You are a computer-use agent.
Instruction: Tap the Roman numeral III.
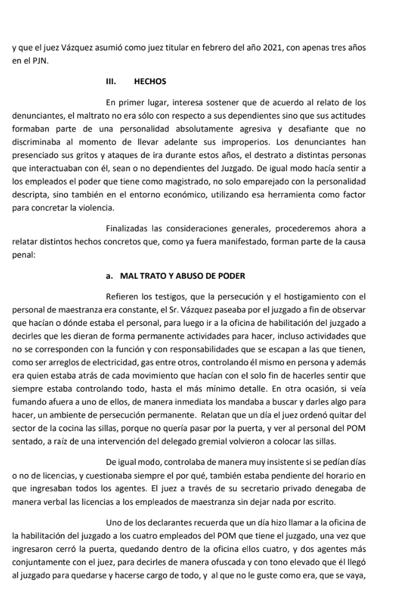(110, 81)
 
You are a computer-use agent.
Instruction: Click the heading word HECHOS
(150, 81)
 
